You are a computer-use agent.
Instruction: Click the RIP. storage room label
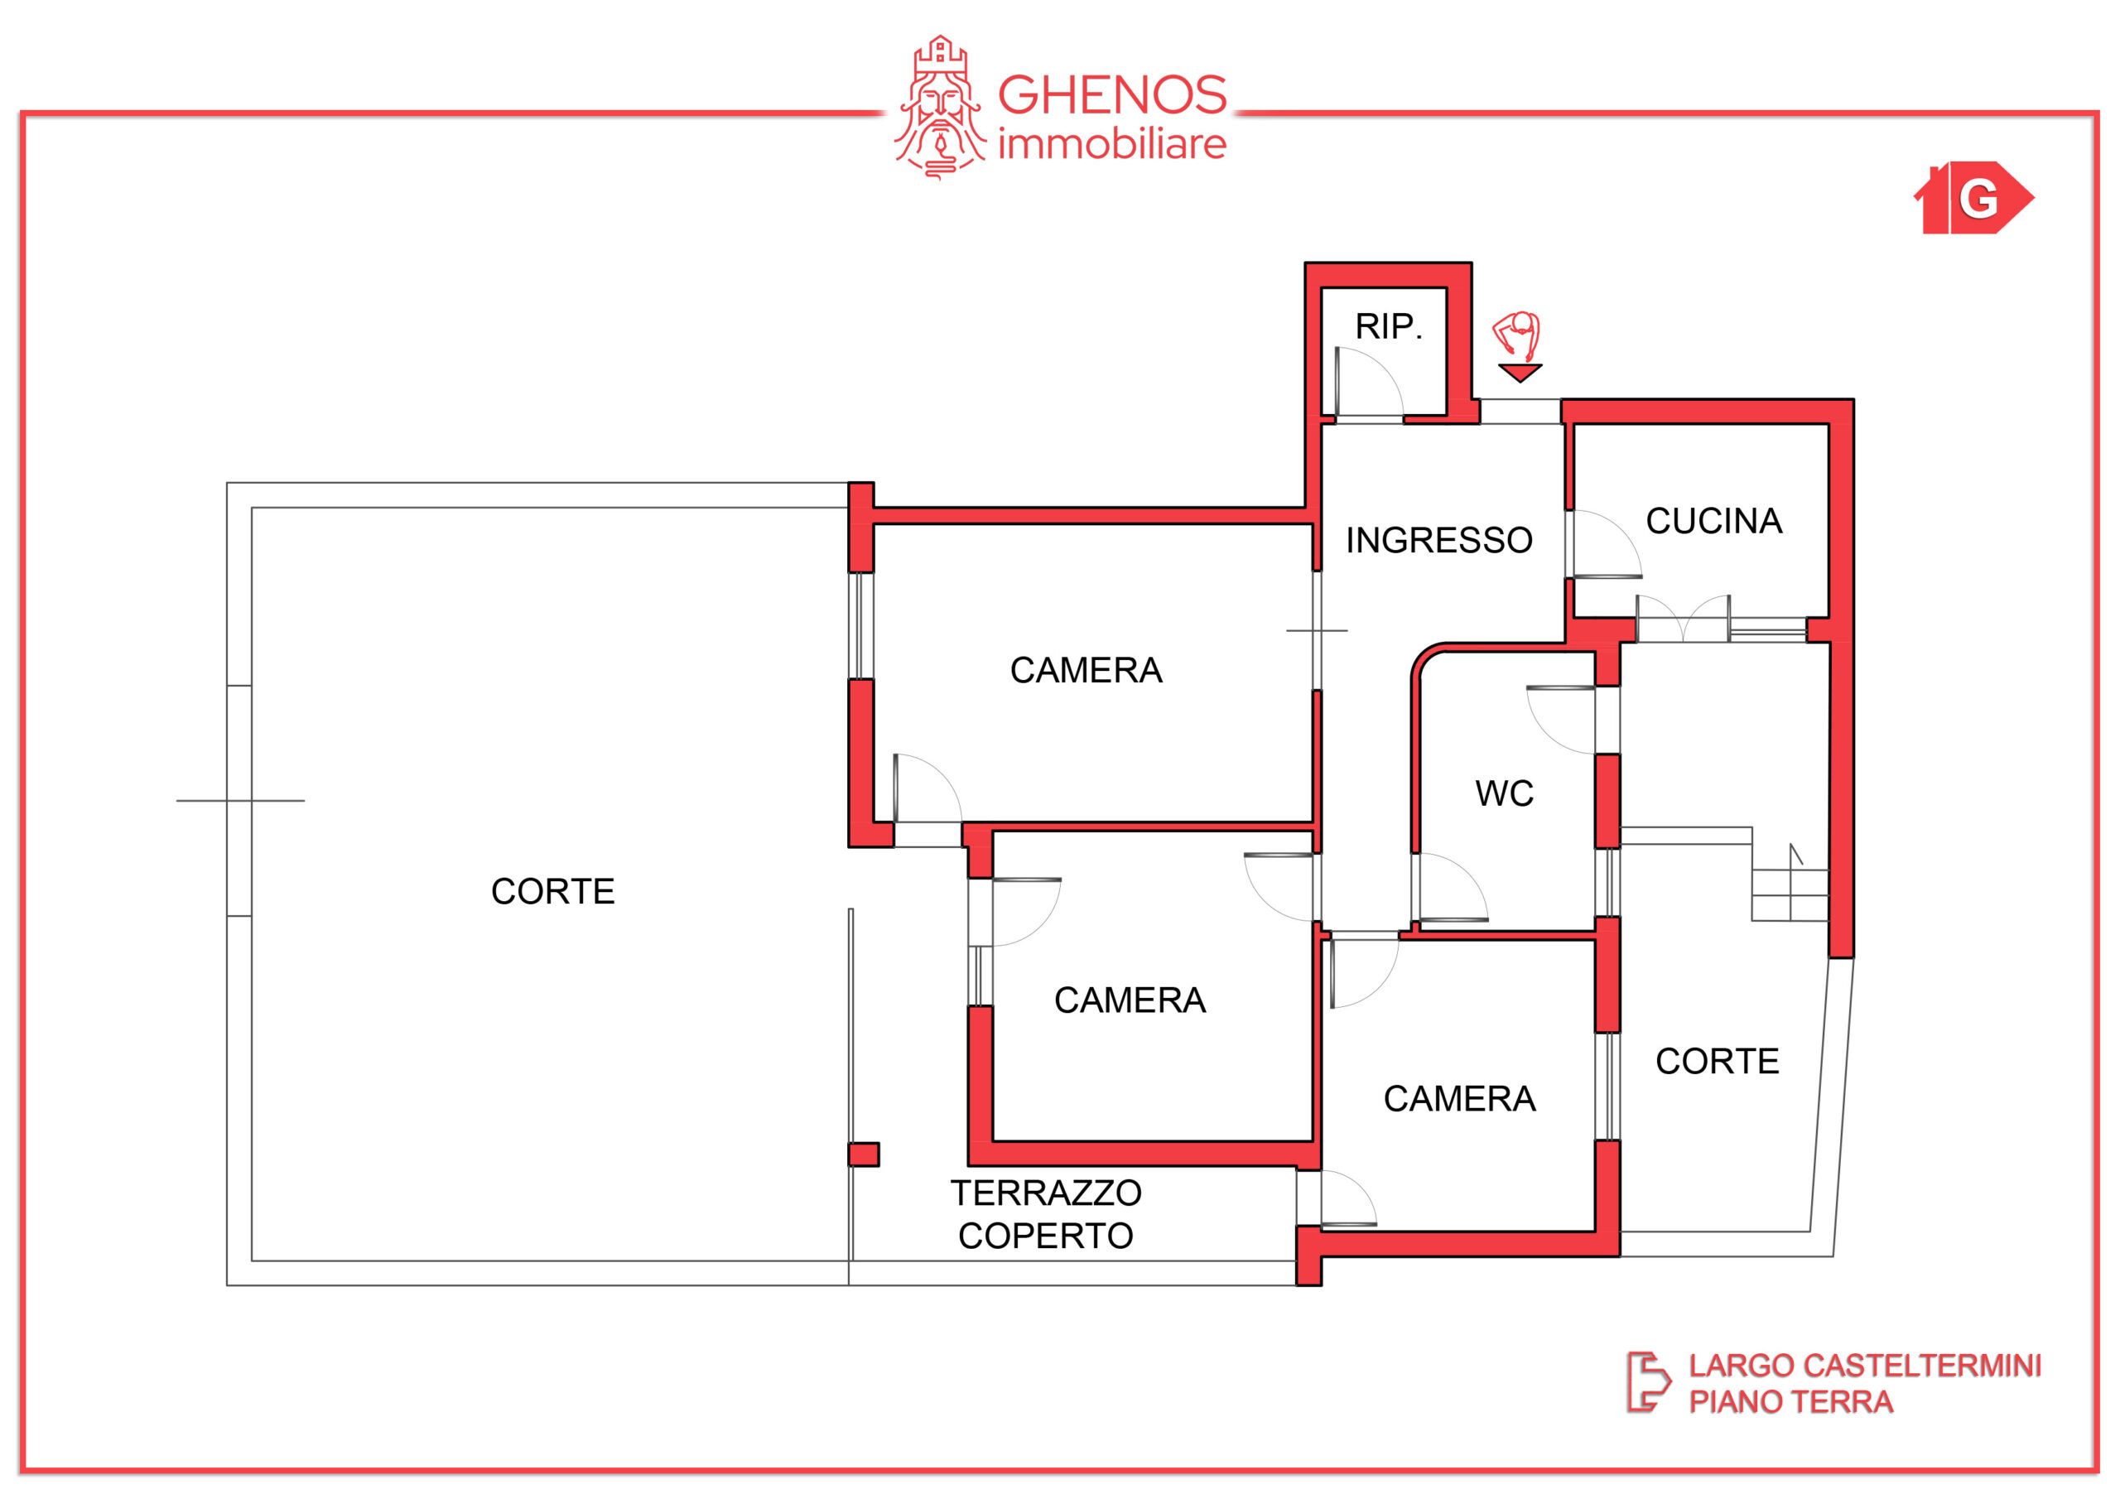coord(1388,326)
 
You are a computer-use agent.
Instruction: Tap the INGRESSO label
coord(1438,540)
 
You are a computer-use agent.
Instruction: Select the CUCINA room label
coord(1713,521)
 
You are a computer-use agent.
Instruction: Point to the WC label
coord(1504,793)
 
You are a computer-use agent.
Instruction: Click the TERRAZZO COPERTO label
coord(1046,1213)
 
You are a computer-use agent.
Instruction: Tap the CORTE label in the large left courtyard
coord(552,891)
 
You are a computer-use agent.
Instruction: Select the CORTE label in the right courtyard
coord(1718,1061)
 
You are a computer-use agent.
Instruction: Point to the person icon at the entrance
coord(1516,335)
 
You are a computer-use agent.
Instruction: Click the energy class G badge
coord(1973,198)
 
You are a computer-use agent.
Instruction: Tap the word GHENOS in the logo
coord(1111,95)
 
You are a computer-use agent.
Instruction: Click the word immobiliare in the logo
coord(1111,145)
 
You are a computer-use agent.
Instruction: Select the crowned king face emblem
coord(940,107)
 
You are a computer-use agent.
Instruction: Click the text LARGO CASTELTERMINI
coord(1865,1365)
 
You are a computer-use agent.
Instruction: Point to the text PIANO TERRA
coord(1790,1402)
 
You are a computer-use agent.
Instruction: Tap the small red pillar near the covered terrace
coord(864,1154)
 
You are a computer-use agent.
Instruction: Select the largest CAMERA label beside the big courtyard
coord(1086,671)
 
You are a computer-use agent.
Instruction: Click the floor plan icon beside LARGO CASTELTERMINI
coord(1648,1382)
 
